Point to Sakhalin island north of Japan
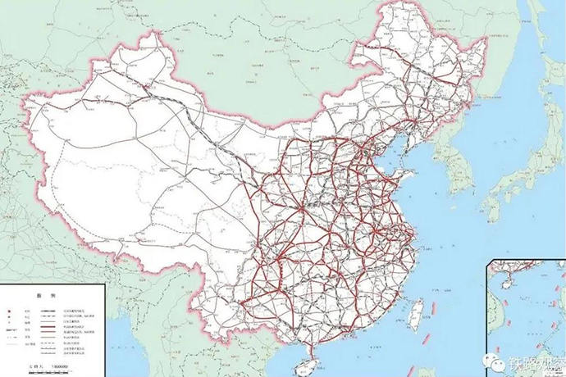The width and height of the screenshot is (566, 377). click(x=548, y=49)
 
